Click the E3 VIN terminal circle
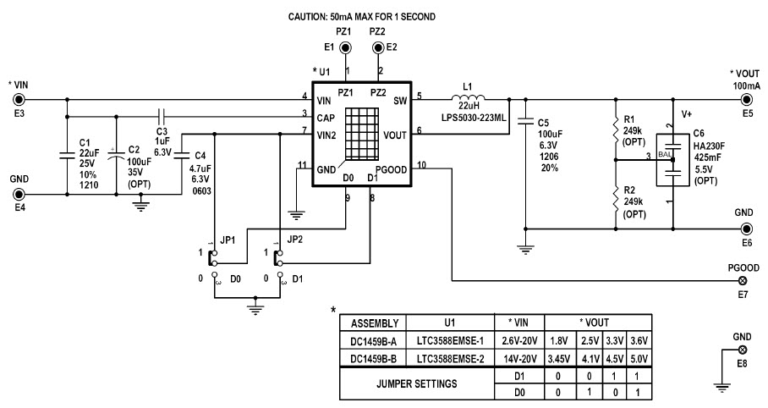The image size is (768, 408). tap(18, 99)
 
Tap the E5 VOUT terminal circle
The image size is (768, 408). tap(747, 99)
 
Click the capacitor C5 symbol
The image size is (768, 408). tap(524, 119)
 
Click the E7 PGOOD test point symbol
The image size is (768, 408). tap(743, 280)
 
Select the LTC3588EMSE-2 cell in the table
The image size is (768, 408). tap(448, 359)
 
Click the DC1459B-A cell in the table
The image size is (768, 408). tap(372, 340)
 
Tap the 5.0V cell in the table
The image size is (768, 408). tap(639, 359)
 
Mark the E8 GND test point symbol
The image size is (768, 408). tap(743, 349)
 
